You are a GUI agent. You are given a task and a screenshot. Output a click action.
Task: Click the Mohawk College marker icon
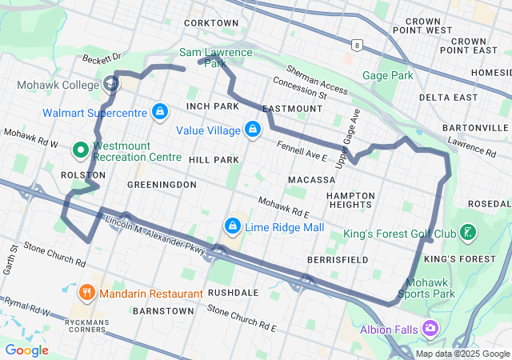(110, 84)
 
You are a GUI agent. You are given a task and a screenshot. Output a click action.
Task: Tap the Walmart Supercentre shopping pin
(160, 110)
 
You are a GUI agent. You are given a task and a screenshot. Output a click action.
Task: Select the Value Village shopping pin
(253, 129)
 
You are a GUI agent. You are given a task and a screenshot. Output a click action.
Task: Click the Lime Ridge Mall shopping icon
(233, 226)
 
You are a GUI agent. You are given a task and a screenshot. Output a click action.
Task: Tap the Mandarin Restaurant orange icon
(88, 292)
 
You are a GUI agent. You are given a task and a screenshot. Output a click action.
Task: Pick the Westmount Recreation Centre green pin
(80, 150)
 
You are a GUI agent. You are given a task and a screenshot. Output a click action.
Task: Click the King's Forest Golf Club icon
(468, 233)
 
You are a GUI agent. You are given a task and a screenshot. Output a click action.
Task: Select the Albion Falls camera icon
(431, 328)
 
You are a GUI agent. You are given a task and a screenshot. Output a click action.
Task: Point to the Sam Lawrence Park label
(215, 58)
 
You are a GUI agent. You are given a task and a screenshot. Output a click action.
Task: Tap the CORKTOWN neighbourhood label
(211, 23)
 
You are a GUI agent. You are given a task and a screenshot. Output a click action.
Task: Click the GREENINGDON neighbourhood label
(162, 184)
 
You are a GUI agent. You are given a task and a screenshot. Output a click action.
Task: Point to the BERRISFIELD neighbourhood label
(338, 260)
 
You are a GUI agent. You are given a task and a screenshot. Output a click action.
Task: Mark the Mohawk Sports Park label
(430, 288)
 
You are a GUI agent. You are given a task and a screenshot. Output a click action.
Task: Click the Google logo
(26, 350)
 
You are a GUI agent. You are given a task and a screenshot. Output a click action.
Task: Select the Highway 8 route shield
(355, 46)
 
